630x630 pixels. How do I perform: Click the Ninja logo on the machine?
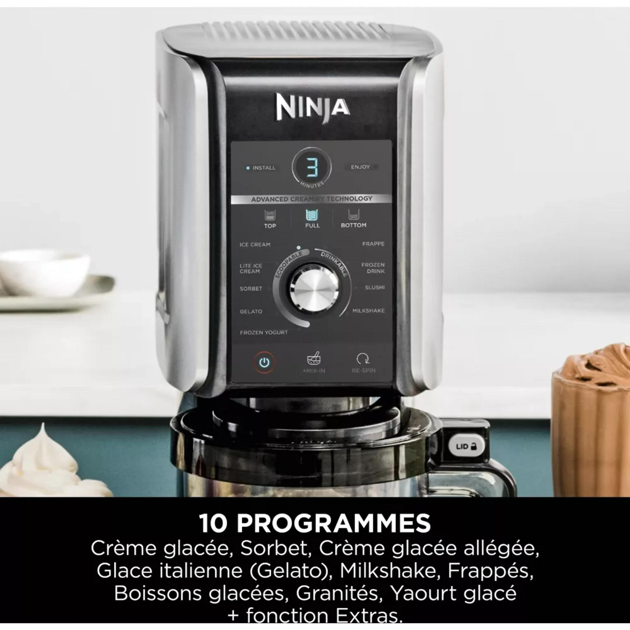coord(313,108)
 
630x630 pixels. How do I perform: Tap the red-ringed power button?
coord(264,362)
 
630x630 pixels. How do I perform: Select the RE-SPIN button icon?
coord(363,359)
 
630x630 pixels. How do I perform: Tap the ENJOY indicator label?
coord(360,167)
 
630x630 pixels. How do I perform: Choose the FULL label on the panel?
coord(312,225)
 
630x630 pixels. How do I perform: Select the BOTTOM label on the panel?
coord(353,225)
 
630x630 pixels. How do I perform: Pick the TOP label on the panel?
coord(270,226)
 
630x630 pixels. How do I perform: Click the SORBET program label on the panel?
coord(251,288)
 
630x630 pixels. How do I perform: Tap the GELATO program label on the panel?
coord(251,311)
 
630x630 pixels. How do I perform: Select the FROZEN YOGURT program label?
coord(264,332)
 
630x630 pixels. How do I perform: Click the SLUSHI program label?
coord(375,287)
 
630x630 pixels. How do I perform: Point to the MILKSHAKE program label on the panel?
coord(368,311)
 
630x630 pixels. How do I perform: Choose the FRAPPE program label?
coord(373,244)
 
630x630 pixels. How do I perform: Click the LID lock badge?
coord(466,447)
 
